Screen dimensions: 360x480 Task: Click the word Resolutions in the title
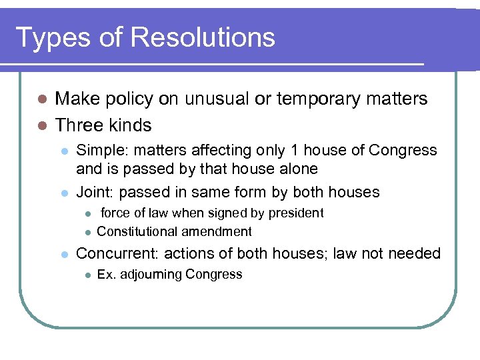(x=203, y=37)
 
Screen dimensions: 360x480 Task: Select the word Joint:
(x=97, y=193)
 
